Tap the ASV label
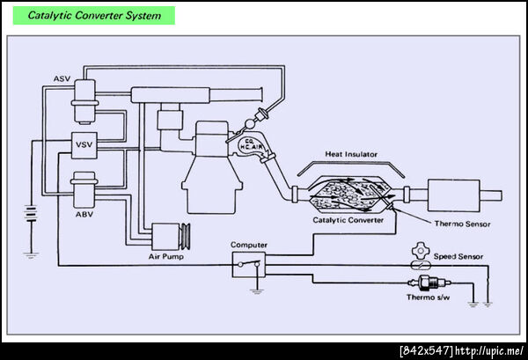pos(61,78)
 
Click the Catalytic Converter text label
pos(348,221)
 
